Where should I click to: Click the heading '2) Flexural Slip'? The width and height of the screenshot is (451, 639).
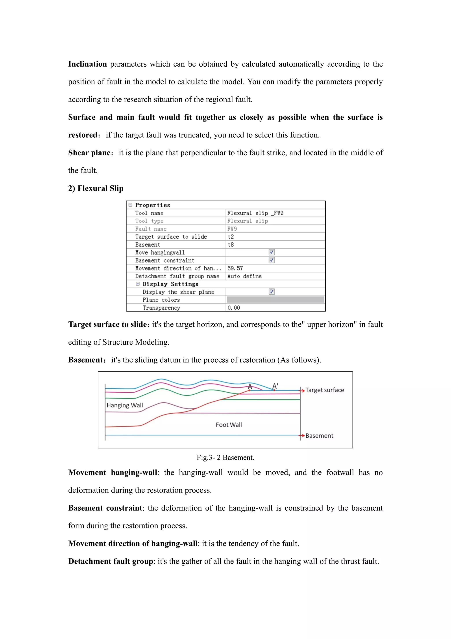[x=96, y=188]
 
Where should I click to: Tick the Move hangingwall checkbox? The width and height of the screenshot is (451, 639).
[x=272, y=252]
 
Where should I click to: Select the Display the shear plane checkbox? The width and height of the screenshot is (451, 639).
[x=272, y=292]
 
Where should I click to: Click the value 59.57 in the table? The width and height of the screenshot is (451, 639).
[x=235, y=268]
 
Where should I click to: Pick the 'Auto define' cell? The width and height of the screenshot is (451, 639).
[x=244, y=276]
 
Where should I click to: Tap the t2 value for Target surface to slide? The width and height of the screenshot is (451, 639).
[x=231, y=236]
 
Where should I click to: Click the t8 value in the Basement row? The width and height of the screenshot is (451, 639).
[x=231, y=245]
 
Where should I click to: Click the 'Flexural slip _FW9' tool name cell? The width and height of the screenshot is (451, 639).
[x=255, y=213]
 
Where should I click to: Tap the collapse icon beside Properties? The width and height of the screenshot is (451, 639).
[x=130, y=205]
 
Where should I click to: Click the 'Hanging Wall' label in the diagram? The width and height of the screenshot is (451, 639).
[x=125, y=405]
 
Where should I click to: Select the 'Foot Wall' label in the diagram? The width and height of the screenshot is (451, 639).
[x=229, y=425]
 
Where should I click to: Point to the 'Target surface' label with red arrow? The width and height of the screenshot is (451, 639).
[x=325, y=390]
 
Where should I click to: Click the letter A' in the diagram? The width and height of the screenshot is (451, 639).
[x=275, y=386]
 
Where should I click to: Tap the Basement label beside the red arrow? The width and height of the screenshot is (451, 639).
[x=319, y=436]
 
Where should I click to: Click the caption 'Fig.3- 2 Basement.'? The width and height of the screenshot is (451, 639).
[x=225, y=457]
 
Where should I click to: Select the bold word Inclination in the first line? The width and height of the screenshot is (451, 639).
[x=87, y=64]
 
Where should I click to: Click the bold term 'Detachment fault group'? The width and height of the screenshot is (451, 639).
[x=111, y=561]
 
